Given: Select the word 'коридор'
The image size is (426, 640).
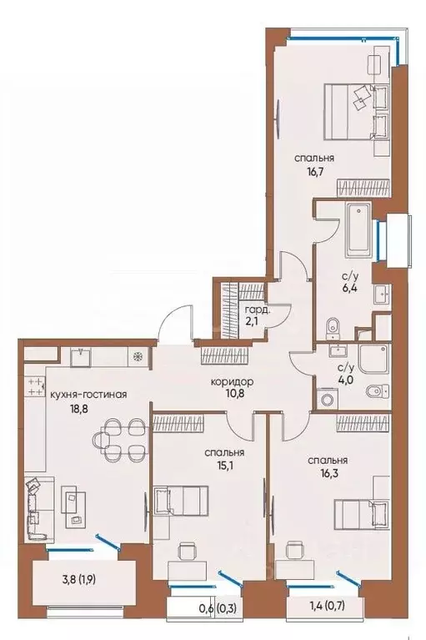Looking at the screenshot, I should (x=233, y=381).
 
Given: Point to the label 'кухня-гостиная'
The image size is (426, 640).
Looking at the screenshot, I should (x=88, y=395).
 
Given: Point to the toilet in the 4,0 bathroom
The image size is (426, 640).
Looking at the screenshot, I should (x=378, y=390).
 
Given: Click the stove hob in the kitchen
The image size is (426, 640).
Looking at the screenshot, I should (x=37, y=386).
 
